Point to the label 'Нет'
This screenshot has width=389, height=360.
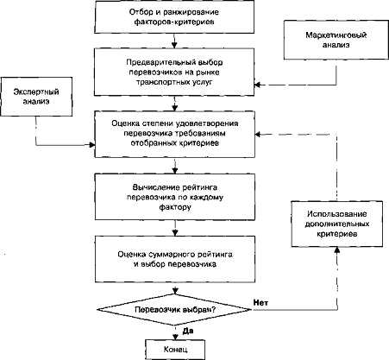tap(260, 302)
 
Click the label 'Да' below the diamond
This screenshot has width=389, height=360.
tap(188, 331)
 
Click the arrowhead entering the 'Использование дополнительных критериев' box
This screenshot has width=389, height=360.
tap(337, 249)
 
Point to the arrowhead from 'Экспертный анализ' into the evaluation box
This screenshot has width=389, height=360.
tap(92, 145)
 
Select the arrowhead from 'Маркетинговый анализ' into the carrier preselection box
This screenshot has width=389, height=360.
tap(258, 85)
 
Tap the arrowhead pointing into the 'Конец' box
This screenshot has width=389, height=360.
tap(174, 337)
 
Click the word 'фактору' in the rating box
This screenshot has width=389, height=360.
tap(175, 207)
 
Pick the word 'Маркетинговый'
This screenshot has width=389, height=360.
tap(336, 35)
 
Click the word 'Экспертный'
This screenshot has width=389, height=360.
tap(36, 92)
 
